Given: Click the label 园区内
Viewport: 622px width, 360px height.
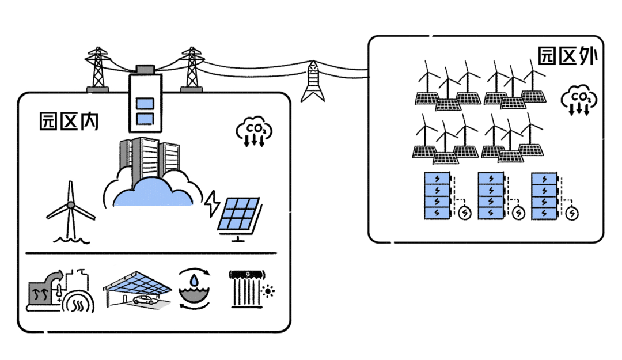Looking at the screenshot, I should tap(69, 121).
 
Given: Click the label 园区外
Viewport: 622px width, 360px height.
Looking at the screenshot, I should tap(568, 56).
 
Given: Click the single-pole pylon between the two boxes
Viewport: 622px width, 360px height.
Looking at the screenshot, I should tap(312, 81).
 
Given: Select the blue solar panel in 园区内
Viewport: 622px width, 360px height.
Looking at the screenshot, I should tap(238, 215).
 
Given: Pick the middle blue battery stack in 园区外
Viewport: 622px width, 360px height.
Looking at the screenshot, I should tap(491, 196).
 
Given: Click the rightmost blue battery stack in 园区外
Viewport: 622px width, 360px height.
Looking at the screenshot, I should tap(544, 196).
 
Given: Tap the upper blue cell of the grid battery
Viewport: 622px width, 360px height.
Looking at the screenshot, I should tap(144, 104).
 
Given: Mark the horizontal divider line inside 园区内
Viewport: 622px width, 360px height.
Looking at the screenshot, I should tap(151, 253).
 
